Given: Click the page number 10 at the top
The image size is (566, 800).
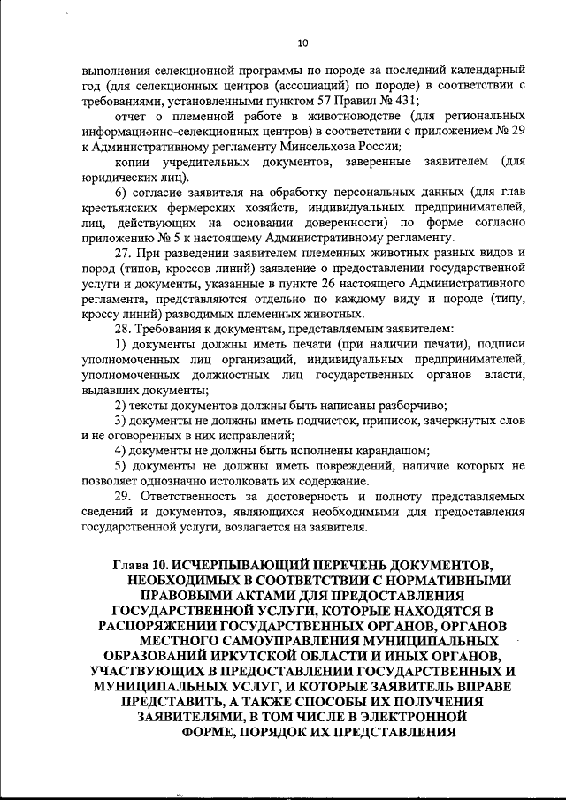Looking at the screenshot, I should point(302,42).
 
